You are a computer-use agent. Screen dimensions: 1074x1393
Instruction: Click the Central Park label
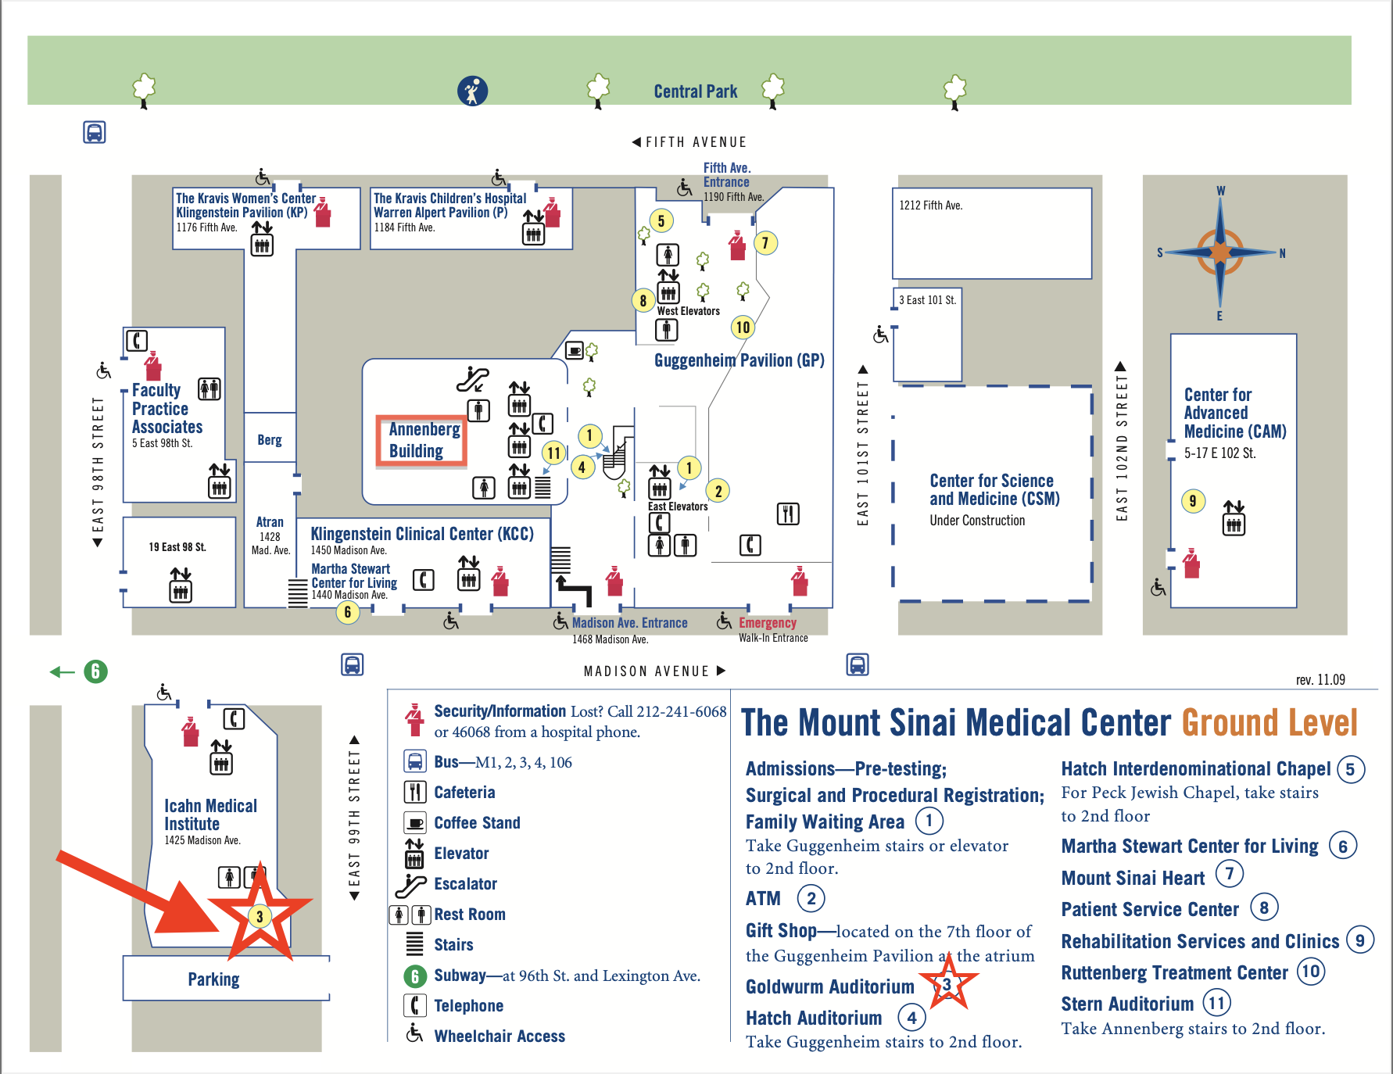tap(695, 91)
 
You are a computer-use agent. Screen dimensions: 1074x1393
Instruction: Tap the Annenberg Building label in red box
tap(422, 441)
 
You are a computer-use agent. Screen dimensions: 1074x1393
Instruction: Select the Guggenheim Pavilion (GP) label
tap(739, 360)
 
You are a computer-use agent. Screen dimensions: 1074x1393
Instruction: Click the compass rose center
tap(1220, 252)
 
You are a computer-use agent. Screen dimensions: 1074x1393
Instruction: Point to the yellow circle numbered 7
tap(765, 243)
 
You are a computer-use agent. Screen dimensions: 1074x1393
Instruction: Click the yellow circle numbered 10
tap(743, 328)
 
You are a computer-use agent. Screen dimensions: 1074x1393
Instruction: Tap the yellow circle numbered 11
tap(554, 453)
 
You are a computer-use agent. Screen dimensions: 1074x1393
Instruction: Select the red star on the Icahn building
tap(260, 915)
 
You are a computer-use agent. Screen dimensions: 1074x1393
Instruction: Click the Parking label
tap(213, 979)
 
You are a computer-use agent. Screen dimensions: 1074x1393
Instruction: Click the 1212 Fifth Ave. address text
tap(930, 206)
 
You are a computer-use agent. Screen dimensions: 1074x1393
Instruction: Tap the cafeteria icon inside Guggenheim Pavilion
tap(788, 514)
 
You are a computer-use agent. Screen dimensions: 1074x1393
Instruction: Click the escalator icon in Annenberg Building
tap(473, 378)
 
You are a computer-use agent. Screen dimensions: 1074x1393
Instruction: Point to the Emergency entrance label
tap(767, 623)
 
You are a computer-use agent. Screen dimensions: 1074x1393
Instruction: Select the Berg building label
tap(270, 440)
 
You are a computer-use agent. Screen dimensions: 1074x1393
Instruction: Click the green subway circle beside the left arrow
tap(95, 671)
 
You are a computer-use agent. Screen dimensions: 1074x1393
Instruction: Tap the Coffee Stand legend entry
tap(477, 823)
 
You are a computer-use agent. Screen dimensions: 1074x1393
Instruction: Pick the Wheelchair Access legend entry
tap(499, 1036)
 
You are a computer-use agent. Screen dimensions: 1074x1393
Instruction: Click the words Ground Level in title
tap(1269, 723)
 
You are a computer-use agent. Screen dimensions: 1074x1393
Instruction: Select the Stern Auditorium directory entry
tap(1126, 1004)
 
